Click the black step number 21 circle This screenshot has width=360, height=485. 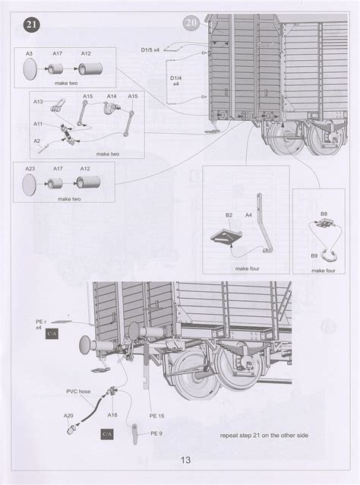[30, 24]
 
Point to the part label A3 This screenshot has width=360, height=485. [28, 53]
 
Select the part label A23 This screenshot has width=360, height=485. [30, 169]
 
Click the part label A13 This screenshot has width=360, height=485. [38, 101]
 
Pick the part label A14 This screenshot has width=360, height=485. [111, 97]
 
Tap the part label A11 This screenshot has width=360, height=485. [38, 123]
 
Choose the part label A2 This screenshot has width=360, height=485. [36, 141]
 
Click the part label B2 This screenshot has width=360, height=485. [229, 216]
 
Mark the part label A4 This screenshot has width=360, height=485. [248, 216]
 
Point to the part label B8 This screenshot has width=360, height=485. [324, 215]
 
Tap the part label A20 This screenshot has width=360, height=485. [68, 416]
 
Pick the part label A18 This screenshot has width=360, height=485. [112, 416]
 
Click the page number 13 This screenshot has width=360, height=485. [185, 461]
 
